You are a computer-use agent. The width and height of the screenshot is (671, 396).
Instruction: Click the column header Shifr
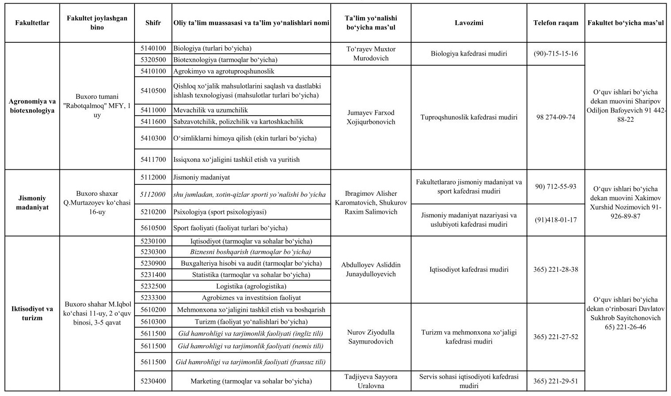153,23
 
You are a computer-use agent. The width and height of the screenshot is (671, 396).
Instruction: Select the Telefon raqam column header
555,23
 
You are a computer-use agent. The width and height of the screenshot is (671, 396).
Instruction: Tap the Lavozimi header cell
469,23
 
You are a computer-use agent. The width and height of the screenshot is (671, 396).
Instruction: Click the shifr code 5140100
153,49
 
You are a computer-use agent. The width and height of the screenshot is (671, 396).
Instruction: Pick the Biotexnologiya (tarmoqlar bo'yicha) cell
225,60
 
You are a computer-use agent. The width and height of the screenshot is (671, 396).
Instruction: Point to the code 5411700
153,160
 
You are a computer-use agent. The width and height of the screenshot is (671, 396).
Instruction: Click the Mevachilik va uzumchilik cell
211,110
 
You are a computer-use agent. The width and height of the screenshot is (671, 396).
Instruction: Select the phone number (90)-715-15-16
555,53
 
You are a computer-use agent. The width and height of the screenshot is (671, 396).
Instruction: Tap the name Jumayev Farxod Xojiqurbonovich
371,117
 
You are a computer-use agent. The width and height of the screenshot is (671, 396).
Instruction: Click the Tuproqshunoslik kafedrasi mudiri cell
469,117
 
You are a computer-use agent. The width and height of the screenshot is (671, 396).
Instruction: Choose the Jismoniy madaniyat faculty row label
32,203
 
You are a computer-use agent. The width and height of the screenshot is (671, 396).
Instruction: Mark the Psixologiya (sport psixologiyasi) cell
220,212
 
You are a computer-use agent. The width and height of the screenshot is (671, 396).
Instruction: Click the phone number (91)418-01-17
555,220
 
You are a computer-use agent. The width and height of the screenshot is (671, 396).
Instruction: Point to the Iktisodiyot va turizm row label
32,314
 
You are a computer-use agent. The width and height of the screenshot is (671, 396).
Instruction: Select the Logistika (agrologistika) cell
251,286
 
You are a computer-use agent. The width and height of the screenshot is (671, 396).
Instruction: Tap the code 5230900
153,263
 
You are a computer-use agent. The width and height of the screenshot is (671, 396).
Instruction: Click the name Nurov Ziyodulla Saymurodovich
371,337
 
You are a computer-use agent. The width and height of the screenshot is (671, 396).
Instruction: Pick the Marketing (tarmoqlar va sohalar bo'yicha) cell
251,381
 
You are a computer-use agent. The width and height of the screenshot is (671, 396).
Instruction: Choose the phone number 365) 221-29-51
555,381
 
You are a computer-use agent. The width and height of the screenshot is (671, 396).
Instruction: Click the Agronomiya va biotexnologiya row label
32,106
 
